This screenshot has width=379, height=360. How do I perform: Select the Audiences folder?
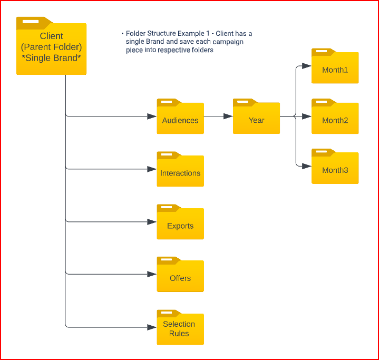tap(180, 116)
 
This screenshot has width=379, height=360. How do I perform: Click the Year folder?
tap(256, 116)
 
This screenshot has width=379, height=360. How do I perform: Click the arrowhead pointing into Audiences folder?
tap(152, 116)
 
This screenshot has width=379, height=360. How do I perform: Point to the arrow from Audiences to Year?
tap(218, 116)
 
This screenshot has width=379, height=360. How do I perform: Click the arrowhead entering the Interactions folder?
tap(152, 169)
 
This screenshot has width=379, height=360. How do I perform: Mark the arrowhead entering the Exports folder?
tap(152, 222)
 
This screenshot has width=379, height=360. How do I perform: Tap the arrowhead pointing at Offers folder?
tap(152, 274)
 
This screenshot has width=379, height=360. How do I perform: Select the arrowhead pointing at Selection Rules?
tap(152, 327)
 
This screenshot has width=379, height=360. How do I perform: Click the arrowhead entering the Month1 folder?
tap(307, 66)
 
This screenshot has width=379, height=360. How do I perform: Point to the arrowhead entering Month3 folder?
tap(307, 167)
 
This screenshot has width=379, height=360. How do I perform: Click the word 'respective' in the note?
tap(174, 50)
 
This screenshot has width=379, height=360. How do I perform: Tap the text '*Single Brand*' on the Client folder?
tap(51, 57)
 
